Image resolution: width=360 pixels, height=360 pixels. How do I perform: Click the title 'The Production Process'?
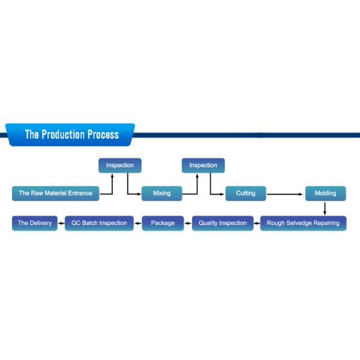pyautogui.click(x=72, y=134)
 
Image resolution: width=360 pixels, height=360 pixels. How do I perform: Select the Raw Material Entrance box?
pyautogui.click(x=56, y=194)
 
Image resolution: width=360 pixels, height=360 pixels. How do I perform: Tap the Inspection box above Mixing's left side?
pyautogui.click(x=120, y=166)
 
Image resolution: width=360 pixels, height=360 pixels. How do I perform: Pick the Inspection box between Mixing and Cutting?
pyautogui.click(x=203, y=166)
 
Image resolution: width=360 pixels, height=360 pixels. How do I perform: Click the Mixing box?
pyautogui.click(x=162, y=194)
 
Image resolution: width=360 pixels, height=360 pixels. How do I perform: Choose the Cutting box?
pyautogui.click(x=245, y=194)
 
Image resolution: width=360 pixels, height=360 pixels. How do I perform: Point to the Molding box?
pyautogui.click(x=326, y=194)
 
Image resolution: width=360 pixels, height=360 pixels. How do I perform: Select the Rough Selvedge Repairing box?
pyautogui.click(x=303, y=223)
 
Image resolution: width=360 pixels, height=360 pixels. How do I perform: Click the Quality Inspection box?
pyautogui.click(x=223, y=223)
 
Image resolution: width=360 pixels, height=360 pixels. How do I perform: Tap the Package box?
pyautogui.click(x=163, y=223)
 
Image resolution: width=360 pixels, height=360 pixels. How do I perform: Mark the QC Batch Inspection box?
pyautogui.click(x=99, y=223)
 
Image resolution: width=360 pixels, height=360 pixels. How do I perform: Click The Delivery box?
pyautogui.click(x=35, y=223)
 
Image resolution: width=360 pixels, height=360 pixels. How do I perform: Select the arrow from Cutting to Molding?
pyautogui.click(x=285, y=194)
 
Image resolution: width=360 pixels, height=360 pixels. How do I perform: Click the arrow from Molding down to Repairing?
pyautogui.click(x=325, y=209)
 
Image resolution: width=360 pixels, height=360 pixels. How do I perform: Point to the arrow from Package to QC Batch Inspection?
pyautogui.click(x=138, y=223)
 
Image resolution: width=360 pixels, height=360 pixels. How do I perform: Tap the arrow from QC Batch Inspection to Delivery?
pyautogui.click(x=61, y=223)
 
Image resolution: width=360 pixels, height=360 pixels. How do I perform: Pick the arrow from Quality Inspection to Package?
pyautogui.click(x=188, y=223)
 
